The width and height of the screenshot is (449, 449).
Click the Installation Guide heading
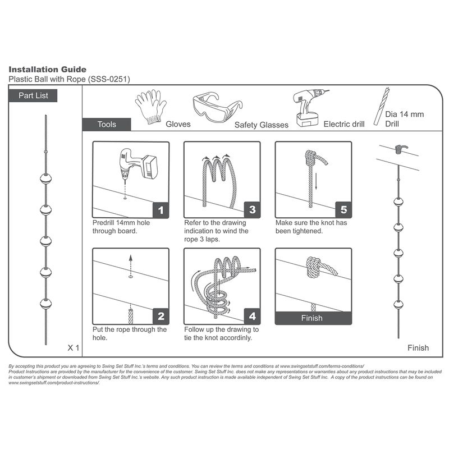click(x=47, y=69)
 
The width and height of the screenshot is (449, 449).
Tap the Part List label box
click(x=33, y=95)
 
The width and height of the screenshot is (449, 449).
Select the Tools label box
click(x=107, y=124)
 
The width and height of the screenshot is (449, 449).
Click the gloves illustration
click(x=150, y=107)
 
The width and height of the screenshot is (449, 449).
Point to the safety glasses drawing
click(x=217, y=107)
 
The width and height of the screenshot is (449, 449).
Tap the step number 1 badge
click(x=161, y=210)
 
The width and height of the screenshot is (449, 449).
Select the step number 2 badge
click(x=161, y=317)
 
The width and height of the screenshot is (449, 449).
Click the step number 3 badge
click(x=252, y=210)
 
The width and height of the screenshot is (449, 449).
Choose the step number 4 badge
click(x=252, y=317)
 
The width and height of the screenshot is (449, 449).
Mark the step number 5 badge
click(x=343, y=210)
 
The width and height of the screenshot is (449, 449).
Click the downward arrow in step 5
click(x=316, y=181)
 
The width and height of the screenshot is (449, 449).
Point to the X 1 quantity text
click(x=74, y=347)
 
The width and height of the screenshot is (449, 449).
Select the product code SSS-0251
click(x=109, y=79)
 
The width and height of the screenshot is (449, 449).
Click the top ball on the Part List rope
click(x=46, y=178)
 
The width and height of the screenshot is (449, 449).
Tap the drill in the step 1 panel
click(x=138, y=164)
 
